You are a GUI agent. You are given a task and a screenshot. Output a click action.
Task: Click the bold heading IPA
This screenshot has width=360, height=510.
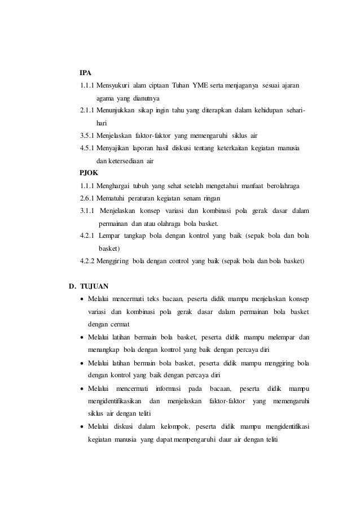click(x=85, y=73)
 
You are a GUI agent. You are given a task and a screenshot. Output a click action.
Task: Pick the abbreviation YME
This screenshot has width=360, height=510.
click(x=200, y=86)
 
